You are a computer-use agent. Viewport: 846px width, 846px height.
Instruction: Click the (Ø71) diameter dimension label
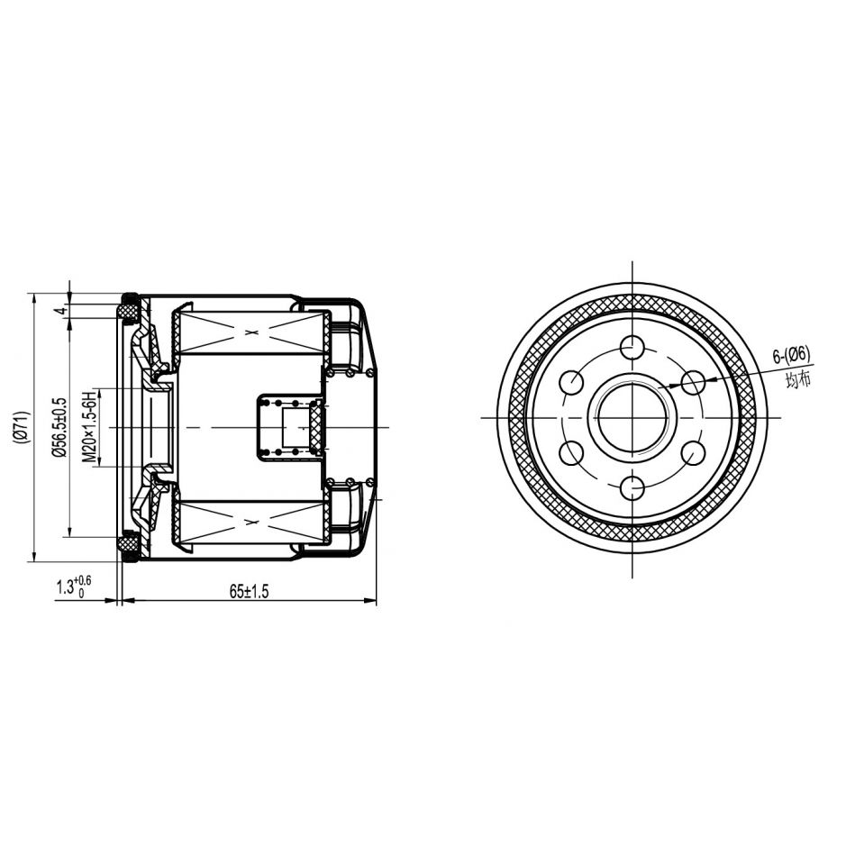point(21,427)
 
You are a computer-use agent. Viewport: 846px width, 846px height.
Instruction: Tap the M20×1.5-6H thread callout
point(88,427)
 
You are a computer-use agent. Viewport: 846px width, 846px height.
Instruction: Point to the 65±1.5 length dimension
point(249,591)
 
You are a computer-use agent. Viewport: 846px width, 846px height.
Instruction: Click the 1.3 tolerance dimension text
point(74,587)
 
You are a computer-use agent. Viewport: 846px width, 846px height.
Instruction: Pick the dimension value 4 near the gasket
point(61,311)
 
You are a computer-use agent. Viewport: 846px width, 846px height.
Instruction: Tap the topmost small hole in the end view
point(632,347)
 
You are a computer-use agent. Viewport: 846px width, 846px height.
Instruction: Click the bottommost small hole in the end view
point(632,489)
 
